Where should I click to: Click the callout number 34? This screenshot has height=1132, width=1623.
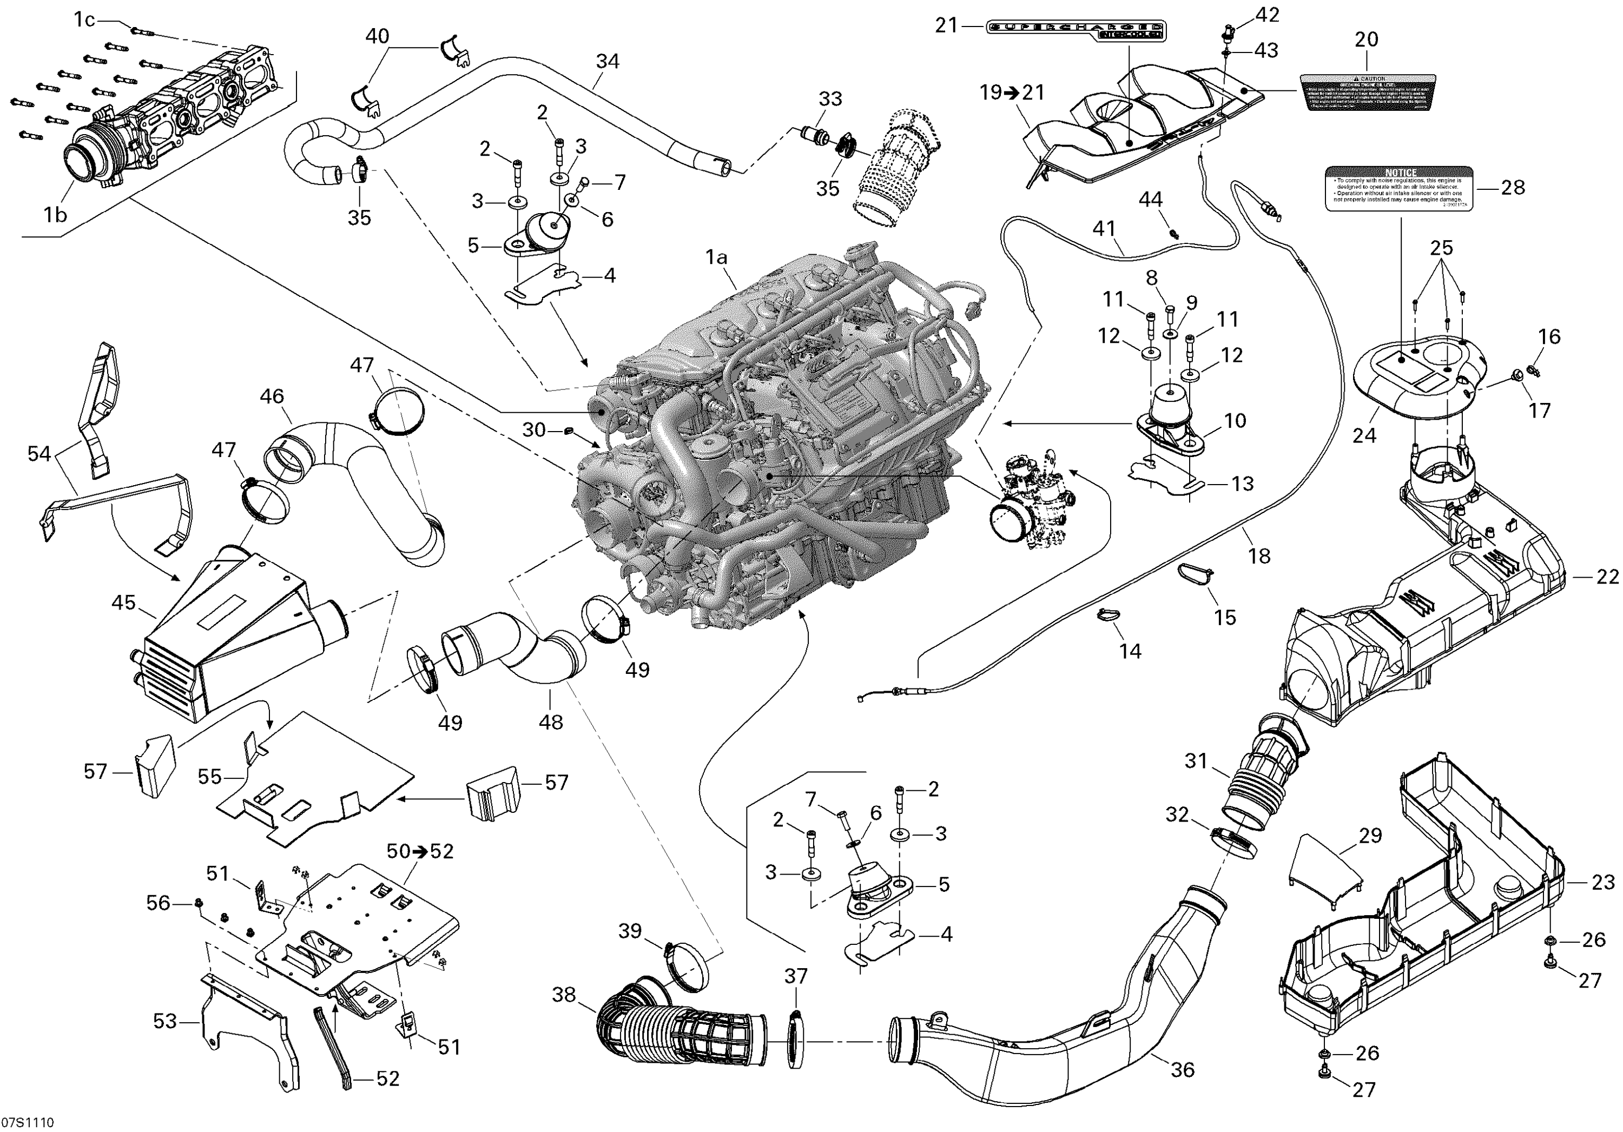pos(607,62)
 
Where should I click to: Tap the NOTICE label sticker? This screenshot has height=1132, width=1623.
pos(1398,189)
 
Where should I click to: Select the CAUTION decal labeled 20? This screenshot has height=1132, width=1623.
pos(1368,92)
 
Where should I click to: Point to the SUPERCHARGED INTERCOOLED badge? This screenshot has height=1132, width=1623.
pos(1075,31)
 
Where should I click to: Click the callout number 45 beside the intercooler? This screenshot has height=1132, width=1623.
pos(124,603)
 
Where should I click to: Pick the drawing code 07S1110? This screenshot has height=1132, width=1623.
pos(28,1123)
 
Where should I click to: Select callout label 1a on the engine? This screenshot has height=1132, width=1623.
pos(716,259)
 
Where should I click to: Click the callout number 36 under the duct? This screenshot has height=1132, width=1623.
pos(1182,1070)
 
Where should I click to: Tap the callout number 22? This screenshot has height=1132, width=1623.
pos(1607,577)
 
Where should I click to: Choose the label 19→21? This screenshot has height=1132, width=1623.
pos(1012,92)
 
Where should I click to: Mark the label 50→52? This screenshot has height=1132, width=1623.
pos(420,851)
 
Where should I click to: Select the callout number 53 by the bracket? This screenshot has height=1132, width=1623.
pos(164,1021)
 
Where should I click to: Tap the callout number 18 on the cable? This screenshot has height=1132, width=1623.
pos(1259,556)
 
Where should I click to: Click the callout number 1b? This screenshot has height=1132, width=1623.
pos(55,214)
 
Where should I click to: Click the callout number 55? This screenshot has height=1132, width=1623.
pos(210,777)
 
